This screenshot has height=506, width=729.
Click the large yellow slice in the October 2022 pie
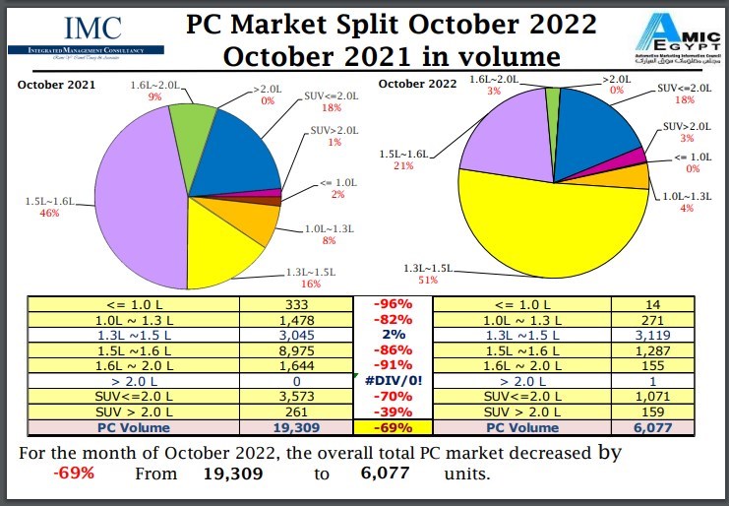[551, 226]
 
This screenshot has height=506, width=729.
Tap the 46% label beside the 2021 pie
[44, 213]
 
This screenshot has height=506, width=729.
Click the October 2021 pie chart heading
[56, 86]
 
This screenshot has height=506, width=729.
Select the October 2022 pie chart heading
[417, 85]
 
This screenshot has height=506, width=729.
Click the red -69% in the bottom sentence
[74, 474]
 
